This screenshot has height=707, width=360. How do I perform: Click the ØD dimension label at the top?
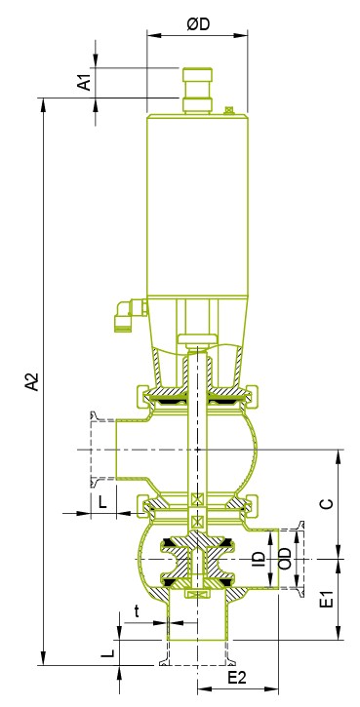point(199,24)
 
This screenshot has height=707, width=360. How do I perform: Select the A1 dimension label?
point(84,83)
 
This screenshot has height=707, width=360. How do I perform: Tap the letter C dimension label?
point(329,503)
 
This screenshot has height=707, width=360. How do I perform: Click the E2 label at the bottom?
point(237,678)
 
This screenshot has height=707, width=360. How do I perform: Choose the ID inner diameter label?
point(259,559)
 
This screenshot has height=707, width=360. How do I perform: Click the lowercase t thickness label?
point(138,611)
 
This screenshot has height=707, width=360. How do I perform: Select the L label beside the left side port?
point(102,502)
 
